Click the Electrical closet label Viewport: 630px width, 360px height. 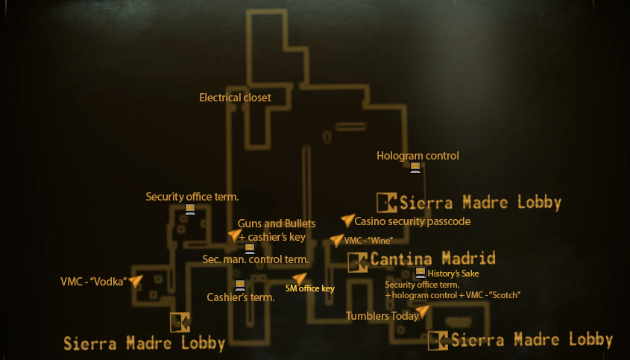235,98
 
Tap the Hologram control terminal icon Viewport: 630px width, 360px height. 415,168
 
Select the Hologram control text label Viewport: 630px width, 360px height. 418,156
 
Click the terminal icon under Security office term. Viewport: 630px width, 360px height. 190,209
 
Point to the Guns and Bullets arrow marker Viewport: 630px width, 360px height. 235,235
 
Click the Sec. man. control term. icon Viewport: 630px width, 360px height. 250,249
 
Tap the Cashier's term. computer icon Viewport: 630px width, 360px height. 240,285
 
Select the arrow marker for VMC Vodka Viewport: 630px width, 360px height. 136,281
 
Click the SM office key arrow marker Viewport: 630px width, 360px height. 300,279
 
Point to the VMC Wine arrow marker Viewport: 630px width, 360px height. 337,240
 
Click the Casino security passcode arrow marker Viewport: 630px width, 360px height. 348,220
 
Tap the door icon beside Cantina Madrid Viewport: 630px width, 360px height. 358,262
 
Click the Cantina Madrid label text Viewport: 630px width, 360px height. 432,259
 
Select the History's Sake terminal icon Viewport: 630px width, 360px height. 420,273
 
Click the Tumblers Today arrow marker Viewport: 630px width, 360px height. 423,312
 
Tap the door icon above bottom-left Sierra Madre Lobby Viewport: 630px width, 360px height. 180,322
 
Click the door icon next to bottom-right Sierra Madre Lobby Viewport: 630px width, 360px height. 438,341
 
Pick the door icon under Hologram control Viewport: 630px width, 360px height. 386,203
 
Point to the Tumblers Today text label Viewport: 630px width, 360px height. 382,316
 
